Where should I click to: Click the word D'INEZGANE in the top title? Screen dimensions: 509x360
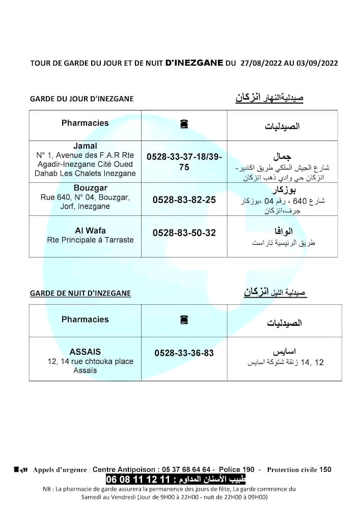click(x=195, y=63)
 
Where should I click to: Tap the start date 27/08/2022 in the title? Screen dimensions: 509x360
click(x=260, y=64)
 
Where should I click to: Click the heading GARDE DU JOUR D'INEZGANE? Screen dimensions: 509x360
click(x=82, y=99)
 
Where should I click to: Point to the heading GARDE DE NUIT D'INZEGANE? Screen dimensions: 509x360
click(x=80, y=293)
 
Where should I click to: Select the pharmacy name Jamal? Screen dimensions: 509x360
click(x=85, y=146)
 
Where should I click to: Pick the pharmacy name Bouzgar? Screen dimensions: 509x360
click(x=85, y=187)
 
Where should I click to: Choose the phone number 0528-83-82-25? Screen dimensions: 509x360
click(x=184, y=200)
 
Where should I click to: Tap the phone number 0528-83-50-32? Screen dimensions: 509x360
click(x=184, y=233)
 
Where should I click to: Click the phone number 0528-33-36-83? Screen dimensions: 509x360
click(x=184, y=353)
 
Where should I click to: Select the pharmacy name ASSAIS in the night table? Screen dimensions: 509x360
click(x=85, y=352)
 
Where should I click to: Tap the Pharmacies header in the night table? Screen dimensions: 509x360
click(x=85, y=319)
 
